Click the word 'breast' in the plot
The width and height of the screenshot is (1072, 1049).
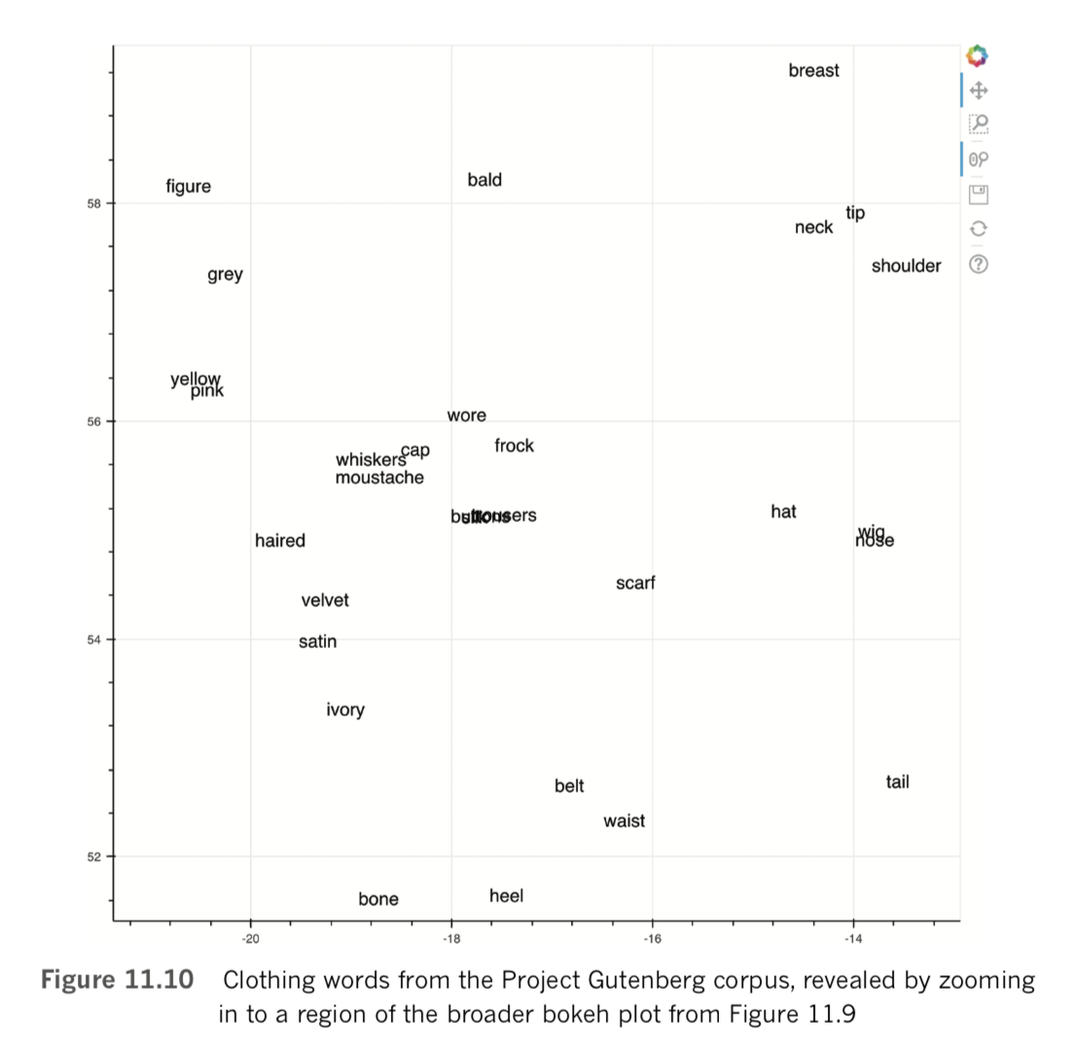click(x=813, y=71)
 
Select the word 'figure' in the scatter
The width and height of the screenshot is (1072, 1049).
click(x=188, y=187)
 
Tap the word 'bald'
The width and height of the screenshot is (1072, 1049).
click(x=484, y=180)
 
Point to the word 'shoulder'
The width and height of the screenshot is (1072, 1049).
click(x=906, y=266)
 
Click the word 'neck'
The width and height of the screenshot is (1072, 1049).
click(x=813, y=228)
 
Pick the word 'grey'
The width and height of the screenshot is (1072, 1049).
click(x=225, y=275)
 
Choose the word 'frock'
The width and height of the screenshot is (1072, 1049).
click(x=514, y=446)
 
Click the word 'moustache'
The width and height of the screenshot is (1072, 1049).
click(x=379, y=478)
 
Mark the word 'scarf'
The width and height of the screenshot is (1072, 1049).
click(x=635, y=583)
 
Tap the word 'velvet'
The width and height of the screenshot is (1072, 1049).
click(x=325, y=600)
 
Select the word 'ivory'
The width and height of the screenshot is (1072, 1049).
click(x=345, y=710)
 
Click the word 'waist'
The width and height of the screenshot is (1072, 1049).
click(x=624, y=821)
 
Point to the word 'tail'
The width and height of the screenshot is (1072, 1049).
click(x=897, y=782)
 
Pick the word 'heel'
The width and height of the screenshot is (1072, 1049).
click(x=506, y=896)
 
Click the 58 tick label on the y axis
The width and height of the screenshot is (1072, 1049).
click(x=94, y=203)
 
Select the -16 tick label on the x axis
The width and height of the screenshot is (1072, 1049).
click(x=651, y=938)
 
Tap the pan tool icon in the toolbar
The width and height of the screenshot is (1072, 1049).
click(x=979, y=90)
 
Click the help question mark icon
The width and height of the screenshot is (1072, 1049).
click(x=979, y=264)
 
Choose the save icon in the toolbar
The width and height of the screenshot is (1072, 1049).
click(x=979, y=195)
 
